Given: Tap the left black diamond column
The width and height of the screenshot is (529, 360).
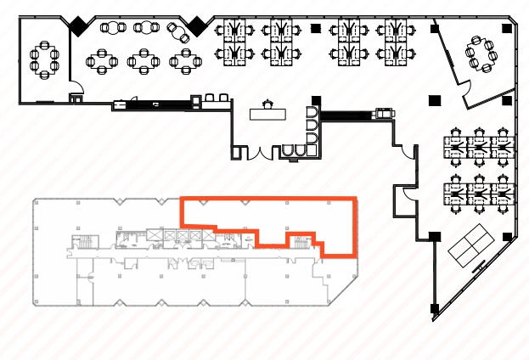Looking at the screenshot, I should pos(78,27).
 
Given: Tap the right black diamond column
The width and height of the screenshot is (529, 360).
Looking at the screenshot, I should pos(198,26).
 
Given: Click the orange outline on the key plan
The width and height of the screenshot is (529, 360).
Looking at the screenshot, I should pos(268,200).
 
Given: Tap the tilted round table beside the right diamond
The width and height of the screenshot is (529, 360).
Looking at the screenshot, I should pos(180,33).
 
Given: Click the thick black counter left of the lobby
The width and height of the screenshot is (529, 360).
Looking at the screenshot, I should pos(155,104).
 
